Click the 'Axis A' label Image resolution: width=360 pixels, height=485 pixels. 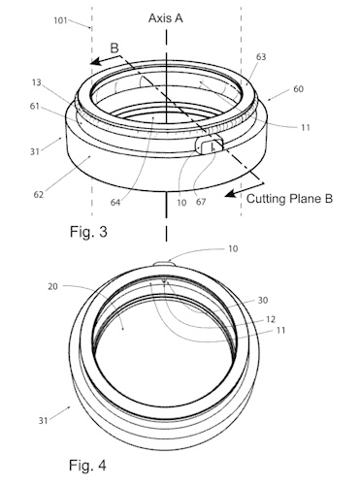pos(166,18)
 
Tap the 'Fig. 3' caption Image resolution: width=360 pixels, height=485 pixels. pos(88,232)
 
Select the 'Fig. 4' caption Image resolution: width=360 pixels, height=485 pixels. pos(87,466)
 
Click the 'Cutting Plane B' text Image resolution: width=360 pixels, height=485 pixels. pos(289,198)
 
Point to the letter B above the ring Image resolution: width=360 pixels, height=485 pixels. pos(115,48)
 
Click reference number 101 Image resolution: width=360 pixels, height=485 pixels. pos(60,20)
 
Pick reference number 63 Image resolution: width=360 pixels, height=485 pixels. pos(261,57)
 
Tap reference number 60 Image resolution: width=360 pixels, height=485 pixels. pos(299,89)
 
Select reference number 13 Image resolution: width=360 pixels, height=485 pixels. pos(37,82)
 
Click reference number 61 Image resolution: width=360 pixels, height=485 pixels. pos(35,106)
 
